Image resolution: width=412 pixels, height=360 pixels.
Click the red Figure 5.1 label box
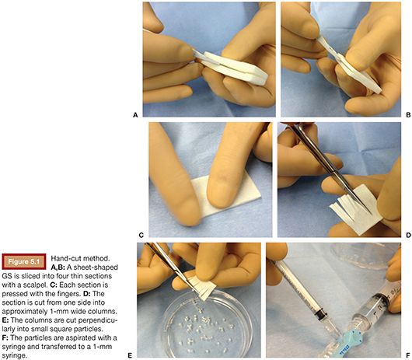click(x=24, y=261)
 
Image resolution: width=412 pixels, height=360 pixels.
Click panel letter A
click(x=135, y=115)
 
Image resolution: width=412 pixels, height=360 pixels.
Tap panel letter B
click(x=408, y=115)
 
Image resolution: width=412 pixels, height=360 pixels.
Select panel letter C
click(x=141, y=235)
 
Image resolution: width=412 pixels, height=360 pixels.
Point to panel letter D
click(x=408, y=235)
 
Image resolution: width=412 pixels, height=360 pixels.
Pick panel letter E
click(x=130, y=355)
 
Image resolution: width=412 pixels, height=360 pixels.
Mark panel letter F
click(x=408, y=355)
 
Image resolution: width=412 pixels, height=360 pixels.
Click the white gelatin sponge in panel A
click(x=231, y=67)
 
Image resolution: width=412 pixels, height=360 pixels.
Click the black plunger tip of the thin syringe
click(x=321, y=314)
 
